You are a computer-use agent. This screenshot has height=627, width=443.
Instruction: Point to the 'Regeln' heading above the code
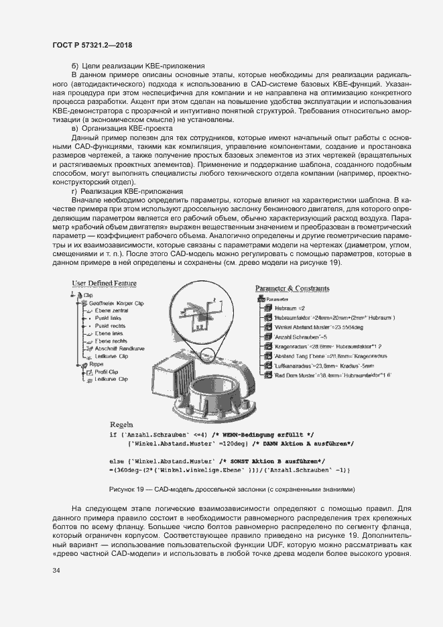tap(122, 424)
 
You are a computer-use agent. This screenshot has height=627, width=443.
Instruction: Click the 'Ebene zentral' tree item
tap(111, 310)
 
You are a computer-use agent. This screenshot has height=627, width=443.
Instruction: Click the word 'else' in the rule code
tap(116, 461)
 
